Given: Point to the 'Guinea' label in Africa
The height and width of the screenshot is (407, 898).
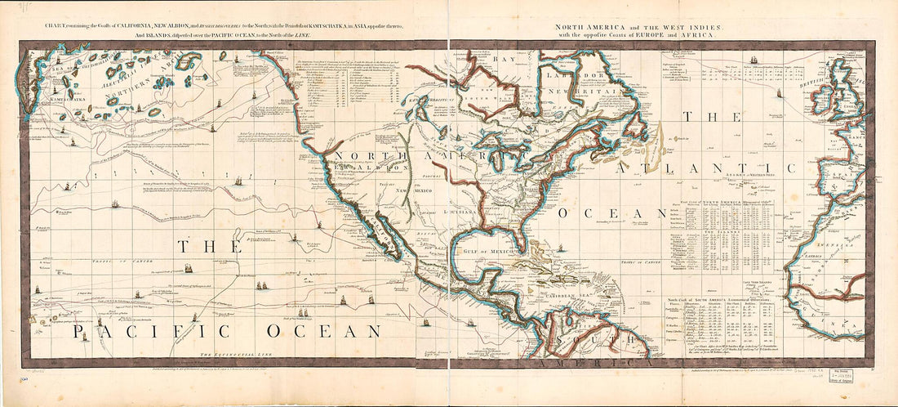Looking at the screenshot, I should (849, 326).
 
